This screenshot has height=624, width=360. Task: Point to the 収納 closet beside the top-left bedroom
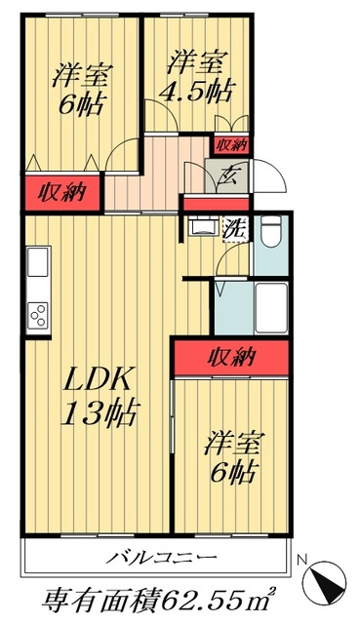60,192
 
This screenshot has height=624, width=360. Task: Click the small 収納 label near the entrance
231,144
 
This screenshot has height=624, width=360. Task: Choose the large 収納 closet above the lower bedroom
231,356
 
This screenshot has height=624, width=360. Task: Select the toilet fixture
272,233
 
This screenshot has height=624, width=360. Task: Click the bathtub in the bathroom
268,310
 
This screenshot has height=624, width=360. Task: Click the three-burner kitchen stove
39,316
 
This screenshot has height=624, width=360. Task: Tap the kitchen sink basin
38,262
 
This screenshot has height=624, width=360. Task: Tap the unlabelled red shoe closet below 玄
217,205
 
